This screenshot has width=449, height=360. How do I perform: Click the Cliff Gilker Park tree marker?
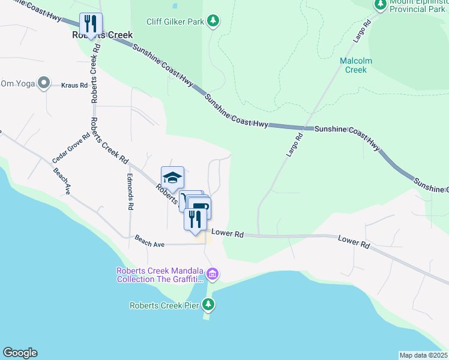point(212,22)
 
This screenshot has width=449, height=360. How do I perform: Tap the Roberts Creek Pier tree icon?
point(208,305)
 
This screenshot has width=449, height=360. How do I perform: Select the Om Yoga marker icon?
point(43,83)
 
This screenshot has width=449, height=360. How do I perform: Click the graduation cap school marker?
point(172,178)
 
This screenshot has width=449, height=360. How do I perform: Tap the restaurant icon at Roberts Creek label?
point(91,24)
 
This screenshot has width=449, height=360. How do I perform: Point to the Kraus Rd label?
point(74,85)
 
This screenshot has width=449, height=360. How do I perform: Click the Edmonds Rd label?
point(130,192)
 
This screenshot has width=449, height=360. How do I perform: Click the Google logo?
point(20,353)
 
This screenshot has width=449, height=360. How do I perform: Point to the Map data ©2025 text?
point(423,355)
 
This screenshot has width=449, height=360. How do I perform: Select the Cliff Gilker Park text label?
point(175,22)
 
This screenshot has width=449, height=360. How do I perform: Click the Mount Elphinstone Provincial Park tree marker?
point(380,5)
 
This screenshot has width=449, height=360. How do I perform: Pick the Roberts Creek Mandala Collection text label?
point(160,275)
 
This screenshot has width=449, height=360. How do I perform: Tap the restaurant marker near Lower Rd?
point(194,219)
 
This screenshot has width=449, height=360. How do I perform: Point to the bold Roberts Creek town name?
point(102,35)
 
